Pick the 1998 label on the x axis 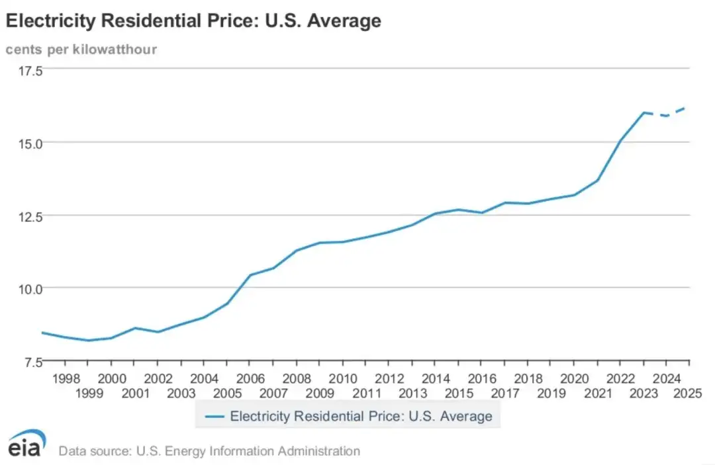coord(65,378)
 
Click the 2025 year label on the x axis coord(689,393)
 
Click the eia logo coord(27,443)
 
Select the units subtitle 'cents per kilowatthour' coord(81,50)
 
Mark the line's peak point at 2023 coord(643,112)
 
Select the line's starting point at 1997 coord(42,333)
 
